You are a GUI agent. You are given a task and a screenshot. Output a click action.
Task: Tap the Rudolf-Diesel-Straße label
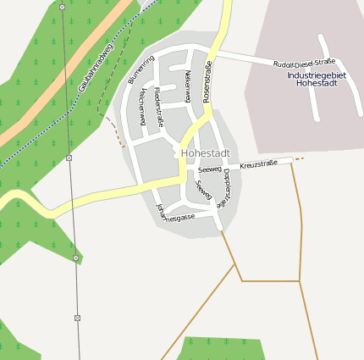304,64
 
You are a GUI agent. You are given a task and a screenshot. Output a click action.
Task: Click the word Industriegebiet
317,75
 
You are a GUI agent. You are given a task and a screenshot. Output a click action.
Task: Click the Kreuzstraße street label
258,163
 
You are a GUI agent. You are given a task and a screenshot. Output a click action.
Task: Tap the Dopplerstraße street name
226,188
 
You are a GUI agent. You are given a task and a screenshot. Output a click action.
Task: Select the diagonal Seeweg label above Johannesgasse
203,190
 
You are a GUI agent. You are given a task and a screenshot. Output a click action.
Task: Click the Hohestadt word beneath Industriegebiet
318,84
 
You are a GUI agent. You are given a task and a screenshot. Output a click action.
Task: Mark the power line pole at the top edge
62,6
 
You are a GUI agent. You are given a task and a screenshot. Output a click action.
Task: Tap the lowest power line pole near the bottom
77,318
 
